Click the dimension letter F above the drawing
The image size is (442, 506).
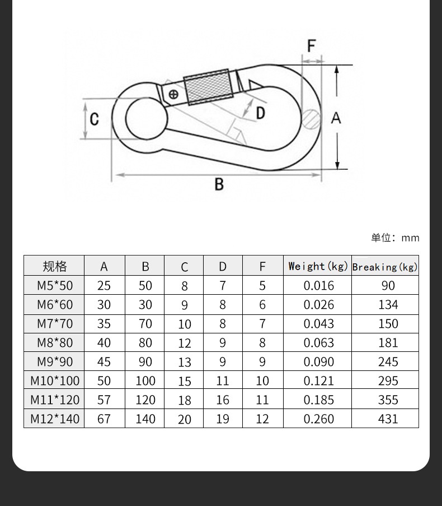click(x=312, y=45)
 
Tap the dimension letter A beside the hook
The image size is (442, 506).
click(x=336, y=118)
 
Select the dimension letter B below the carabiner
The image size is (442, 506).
click(x=219, y=184)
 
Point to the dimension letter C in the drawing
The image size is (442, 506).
click(x=95, y=119)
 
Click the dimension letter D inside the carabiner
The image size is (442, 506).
click(x=260, y=113)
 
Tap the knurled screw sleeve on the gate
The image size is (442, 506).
click(x=208, y=87)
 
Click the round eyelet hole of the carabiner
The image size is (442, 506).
click(x=145, y=118)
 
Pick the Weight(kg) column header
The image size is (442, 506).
click(x=318, y=266)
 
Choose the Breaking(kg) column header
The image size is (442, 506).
click(x=385, y=267)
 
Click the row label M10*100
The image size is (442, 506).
click(x=55, y=381)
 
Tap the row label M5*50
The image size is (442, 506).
click(x=55, y=286)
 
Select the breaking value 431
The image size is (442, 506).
click(x=388, y=419)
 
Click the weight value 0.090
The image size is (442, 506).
click(x=318, y=362)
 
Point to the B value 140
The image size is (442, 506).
click(x=145, y=419)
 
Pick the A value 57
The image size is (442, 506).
click(x=104, y=400)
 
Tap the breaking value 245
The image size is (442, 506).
click(x=388, y=362)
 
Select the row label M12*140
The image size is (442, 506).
click(x=55, y=419)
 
